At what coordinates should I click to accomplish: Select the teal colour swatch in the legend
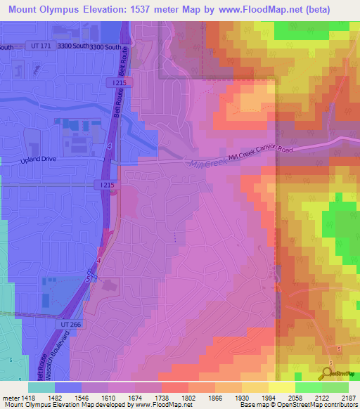(x=41, y=387)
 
